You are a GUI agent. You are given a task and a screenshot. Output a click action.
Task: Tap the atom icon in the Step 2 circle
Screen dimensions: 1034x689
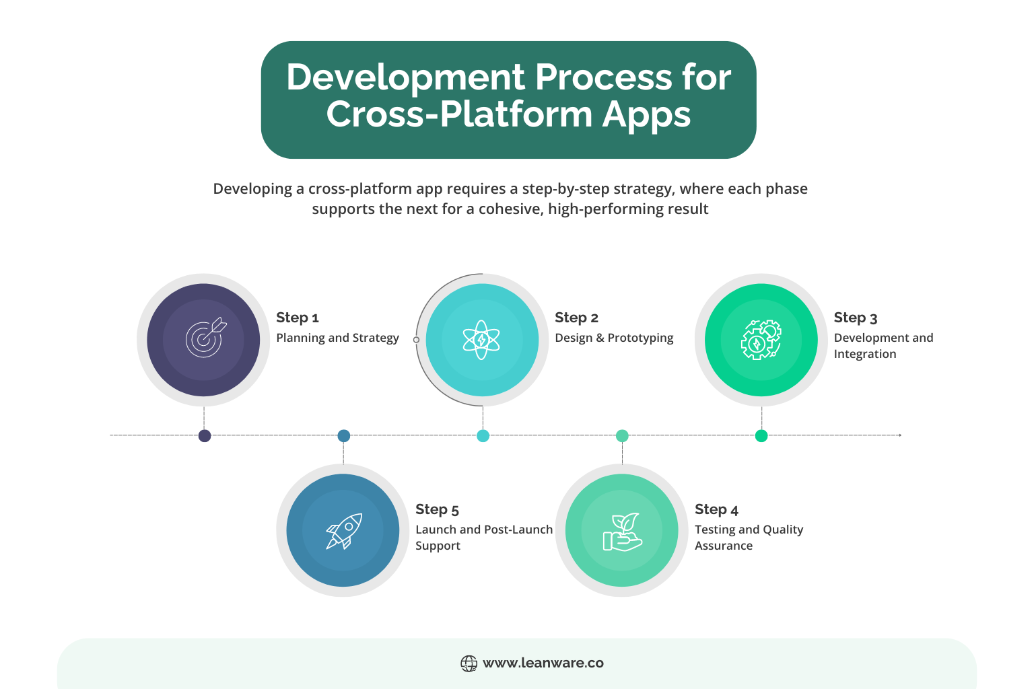pyautogui.click(x=481, y=340)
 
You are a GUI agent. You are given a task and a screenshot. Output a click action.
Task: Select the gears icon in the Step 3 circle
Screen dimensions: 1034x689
pyautogui.click(x=761, y=340)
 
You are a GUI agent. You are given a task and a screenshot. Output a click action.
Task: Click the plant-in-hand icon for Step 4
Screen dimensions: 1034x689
pyautogui.click(x=622, y=532)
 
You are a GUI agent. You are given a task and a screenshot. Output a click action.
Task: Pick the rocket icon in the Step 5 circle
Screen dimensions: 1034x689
pyautogui.click(x=345, y=531)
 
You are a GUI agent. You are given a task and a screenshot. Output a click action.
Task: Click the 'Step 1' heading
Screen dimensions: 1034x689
pyautogui.click(x=298, y=318)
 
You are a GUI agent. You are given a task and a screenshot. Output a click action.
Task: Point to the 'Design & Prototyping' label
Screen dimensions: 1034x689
pyautogui.click(x=614, y=338)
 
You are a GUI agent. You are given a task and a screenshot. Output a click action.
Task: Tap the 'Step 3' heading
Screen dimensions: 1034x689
pyautogui.click(x=856, y=318)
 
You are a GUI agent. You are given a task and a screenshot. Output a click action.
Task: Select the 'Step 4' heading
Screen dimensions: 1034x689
pyautogui.click(x=716, y=509)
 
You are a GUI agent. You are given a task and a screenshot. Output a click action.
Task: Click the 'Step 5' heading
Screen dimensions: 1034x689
pyautogui.click(x=437, y=509)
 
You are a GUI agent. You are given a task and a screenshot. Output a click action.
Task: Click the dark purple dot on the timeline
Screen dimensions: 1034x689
pyautogui.click(x=205, y=435)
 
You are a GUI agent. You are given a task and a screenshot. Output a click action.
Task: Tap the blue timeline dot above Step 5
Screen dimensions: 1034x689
pyautogui.click(x=344, y=435)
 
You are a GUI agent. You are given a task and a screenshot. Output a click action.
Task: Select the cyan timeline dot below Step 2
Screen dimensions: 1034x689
pyautogui.click(x=483, y=435)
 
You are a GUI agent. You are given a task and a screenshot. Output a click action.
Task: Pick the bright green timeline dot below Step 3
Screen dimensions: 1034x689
pyautogui.click(x=761, y=435)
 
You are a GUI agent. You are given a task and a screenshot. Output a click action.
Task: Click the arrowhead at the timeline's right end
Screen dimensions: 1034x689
pyautogui.click(x=899, y=435)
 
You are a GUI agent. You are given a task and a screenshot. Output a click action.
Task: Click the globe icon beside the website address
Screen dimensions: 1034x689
pyautogui.click(x=469, y=663)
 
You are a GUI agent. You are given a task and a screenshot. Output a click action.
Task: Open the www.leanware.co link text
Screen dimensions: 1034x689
pyautogui.click(x=543, y=663)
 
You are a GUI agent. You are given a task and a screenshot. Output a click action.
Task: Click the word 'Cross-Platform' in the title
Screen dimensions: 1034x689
pyautogui.click(x=459, y=114)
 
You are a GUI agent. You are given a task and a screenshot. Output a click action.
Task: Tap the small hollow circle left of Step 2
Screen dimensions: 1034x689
pyautogui.click(x=416, y=340)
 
